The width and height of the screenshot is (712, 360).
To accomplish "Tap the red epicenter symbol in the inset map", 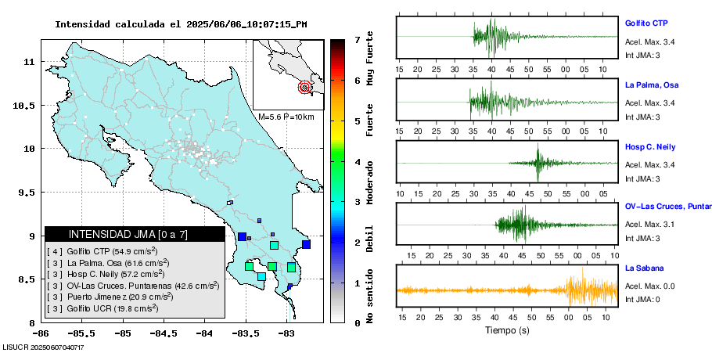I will click(305, 88).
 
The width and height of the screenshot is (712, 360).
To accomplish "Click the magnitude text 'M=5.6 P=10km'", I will click(286, 117).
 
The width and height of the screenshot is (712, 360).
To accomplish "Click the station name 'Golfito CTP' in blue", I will click(646, 23).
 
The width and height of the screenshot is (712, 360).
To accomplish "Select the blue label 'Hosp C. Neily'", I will click(649, 147).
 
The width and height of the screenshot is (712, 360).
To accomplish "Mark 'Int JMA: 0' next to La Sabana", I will click(642, 300).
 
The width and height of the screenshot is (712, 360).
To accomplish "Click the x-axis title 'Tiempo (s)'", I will click(507, 330).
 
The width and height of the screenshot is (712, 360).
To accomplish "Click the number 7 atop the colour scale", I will click(357, 39).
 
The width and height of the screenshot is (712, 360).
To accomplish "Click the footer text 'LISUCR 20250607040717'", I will click(43, 347).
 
